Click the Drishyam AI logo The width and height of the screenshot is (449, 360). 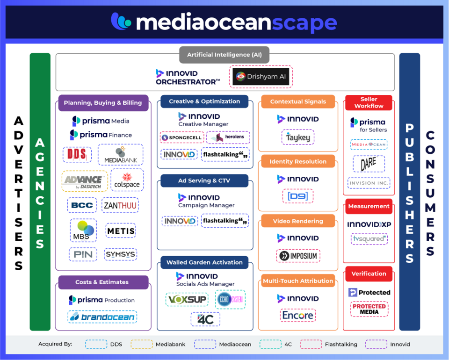coord(261,77)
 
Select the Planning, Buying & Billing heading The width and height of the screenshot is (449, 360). coord(103,103)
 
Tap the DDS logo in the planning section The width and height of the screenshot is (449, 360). coord(77,154)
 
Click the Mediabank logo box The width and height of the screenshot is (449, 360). coord(120,154)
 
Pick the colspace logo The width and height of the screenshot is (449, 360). coord(127,180)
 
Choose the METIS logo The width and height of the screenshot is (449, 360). coord(121,230)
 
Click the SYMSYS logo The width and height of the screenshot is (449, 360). coord(120,254)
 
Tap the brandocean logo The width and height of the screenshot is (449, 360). coord(102,317)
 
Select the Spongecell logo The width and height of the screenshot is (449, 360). coord(181,138)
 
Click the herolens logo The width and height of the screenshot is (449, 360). coord(228,137)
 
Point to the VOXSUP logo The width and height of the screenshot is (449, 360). coord(187,299)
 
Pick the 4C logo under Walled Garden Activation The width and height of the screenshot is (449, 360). coord(205,319)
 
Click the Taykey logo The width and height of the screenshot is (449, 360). coord(297,137)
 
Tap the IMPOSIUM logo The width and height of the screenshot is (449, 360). coord(298,256)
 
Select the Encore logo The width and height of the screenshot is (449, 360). coord(297,316)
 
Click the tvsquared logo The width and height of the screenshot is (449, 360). coord(369,239)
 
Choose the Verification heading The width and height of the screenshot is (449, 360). coord(369,274)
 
